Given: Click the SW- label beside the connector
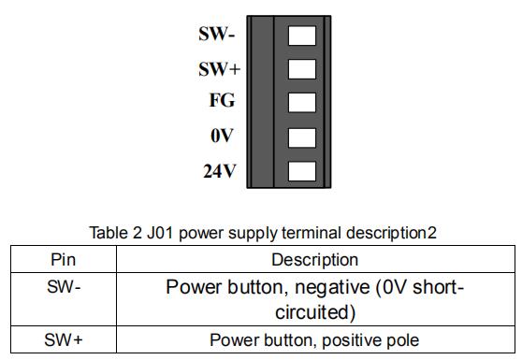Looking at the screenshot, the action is click(x=217, y=34).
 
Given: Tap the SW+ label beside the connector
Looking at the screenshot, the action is click(x=220, y=69).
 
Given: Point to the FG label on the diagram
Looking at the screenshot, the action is click(x=222, y=100).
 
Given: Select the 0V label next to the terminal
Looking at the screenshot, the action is click(x=222, y=136).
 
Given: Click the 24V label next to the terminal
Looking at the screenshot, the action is click(x=220, y=171).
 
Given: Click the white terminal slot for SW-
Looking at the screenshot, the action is click(x=302, y=36).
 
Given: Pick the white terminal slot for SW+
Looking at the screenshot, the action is click(x=302, y=69).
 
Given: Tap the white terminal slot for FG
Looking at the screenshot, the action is click(x=302, y=103).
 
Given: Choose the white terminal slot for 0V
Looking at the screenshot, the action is click(x=302, y=137).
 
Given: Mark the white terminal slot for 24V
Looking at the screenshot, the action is click(x=302, y=171).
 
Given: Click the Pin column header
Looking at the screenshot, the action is click(x=64, y=260).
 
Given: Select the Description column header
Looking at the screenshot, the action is click(x=315, y=260).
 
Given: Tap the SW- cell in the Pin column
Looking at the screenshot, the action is click(x=64, y=286).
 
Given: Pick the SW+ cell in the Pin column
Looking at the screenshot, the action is click(x=64, y=339).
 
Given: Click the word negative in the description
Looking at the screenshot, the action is click(x=332, y=287).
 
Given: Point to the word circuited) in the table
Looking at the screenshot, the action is click(x=315, y=312).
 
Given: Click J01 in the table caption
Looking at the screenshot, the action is click(x=160, y=233).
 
